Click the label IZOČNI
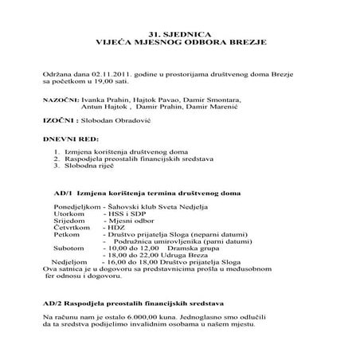[57, 123]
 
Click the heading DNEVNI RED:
[69, 139]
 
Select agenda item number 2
[57, 159]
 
